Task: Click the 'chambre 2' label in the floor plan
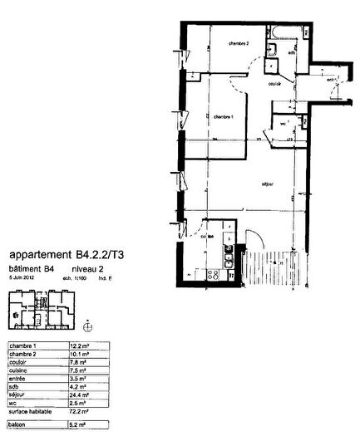[x=218, y=43]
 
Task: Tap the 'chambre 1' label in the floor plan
[x=222, y=117]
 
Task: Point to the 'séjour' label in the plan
[x=268, y=184]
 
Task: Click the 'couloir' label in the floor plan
[x=274, y=85]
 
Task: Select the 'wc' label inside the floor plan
[x=283, y=124]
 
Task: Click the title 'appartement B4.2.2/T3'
[x=69, y=256]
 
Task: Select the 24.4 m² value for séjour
[x=80, y=394]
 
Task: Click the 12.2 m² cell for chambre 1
[x=80, y=345]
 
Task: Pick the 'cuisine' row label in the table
[x=19, y=370]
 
